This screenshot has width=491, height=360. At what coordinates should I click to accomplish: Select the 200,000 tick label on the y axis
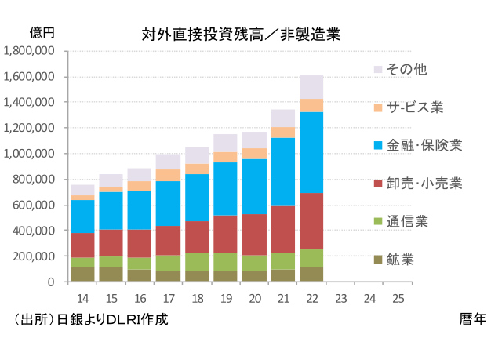[x=33, y=256]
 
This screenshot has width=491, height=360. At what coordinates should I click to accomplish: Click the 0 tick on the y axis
[x=51, y=282]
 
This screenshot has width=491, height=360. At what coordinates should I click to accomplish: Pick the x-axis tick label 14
[x=82, y=298]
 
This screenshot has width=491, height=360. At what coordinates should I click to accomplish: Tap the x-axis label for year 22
[x=312, y=298]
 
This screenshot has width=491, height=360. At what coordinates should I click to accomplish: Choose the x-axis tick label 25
[x=398, y=298]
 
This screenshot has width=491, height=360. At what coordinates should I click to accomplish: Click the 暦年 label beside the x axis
[x=473, y=319]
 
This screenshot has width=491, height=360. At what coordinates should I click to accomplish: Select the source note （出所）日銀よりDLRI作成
[x=90, y=319]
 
